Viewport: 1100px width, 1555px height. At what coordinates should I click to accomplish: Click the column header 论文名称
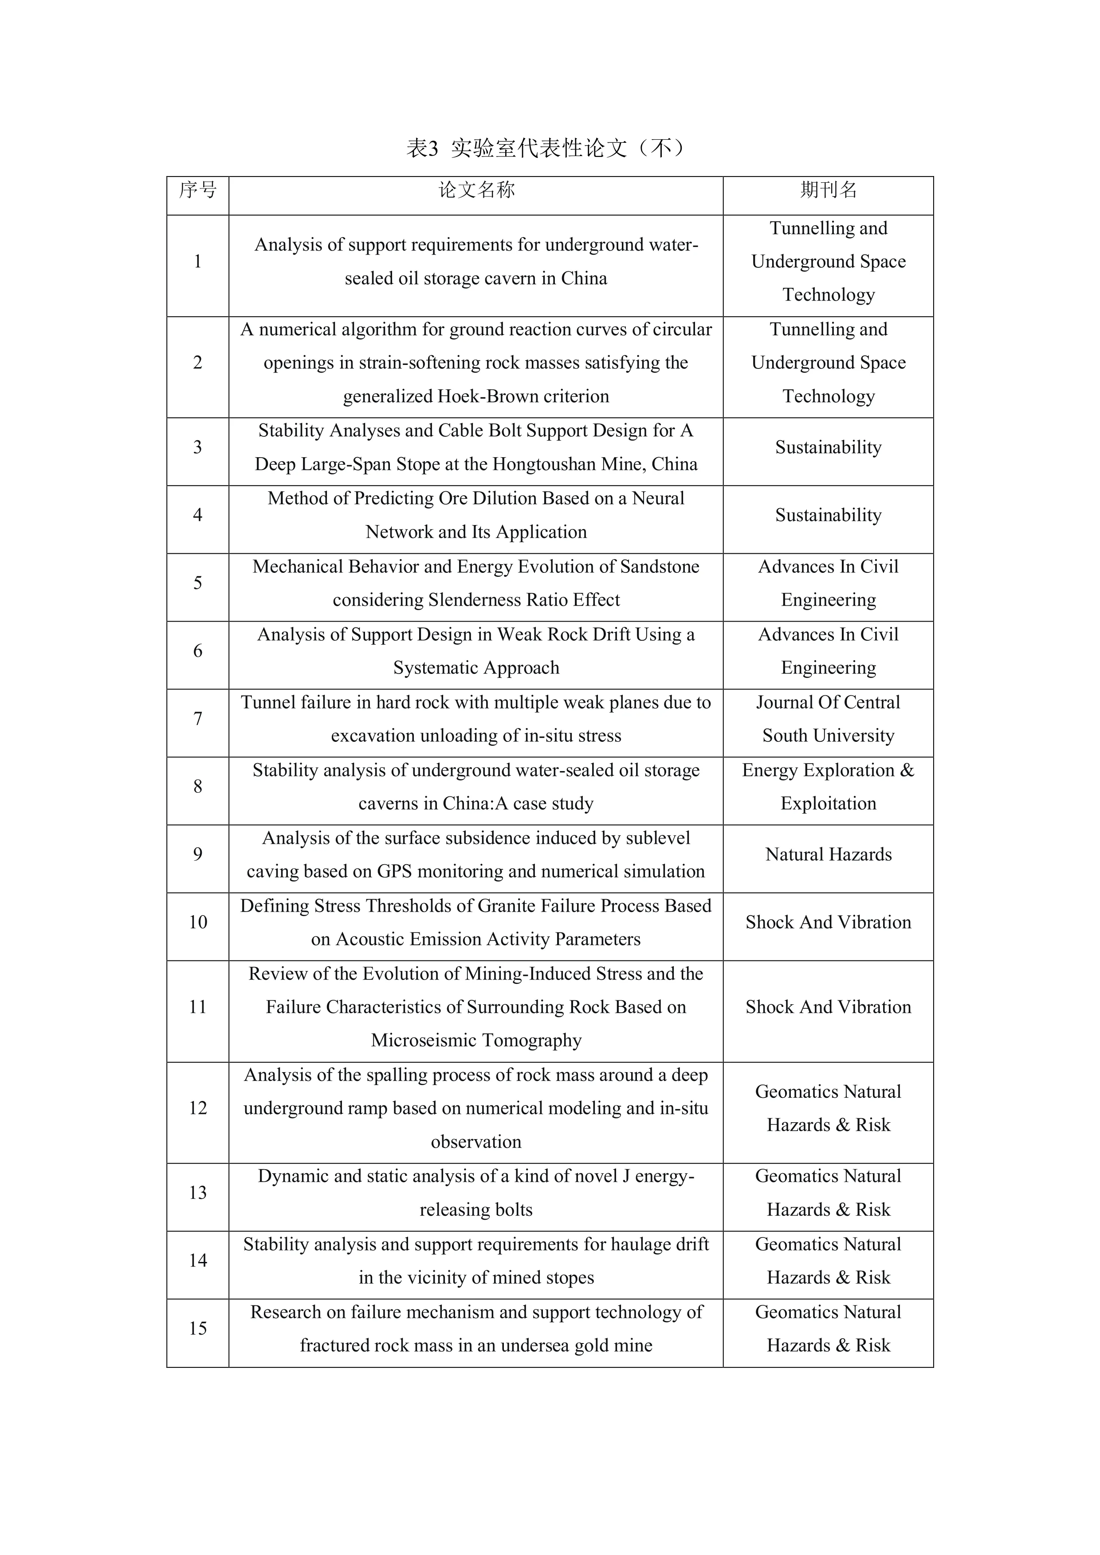(x=476, y=190)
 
